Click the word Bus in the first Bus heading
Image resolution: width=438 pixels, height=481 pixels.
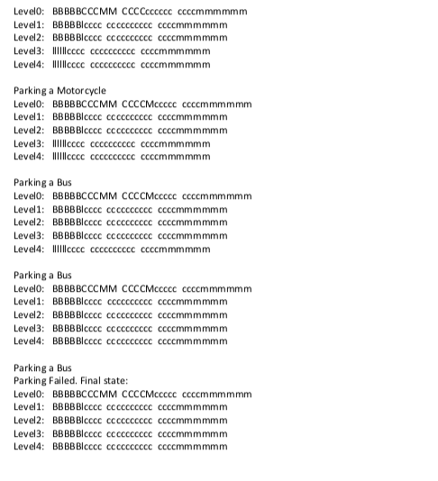pos(64,183)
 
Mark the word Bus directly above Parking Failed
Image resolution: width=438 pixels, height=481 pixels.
pos(64,368)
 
